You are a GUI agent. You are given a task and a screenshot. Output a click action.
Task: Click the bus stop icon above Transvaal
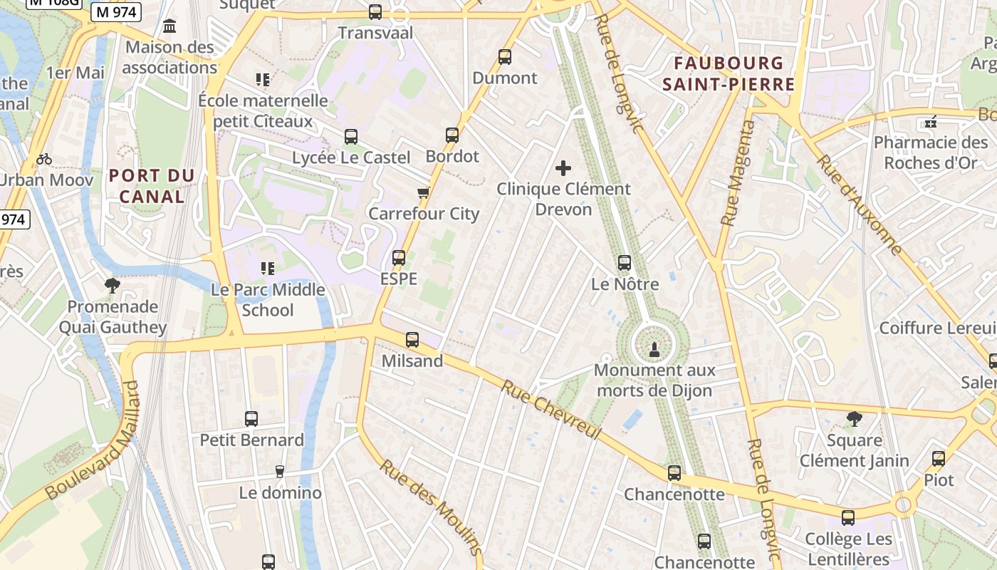pyautogui.click(x=375, y=12)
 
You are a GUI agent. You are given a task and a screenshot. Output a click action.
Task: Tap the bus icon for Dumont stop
pyautogui.click(x=505, y=57)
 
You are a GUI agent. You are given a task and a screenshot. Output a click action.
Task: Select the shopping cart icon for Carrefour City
pyautogui.click(x=424, y=192)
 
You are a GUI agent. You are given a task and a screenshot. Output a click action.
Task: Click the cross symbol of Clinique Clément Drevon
pyautogui.click(x=563, y=168)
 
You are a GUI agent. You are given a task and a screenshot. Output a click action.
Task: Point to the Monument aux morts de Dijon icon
pyautogui.click(x=654, y=349)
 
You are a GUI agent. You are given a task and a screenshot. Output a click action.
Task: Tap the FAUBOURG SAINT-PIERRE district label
pyautogui.click(x=729, y=74)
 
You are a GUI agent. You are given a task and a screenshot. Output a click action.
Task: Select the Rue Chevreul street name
pyautogui.click(x=551, y=410)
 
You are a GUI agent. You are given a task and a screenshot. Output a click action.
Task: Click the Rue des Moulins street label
pyautogui.click(x=430, y=507)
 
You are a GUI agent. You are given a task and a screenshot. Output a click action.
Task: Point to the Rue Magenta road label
pyautogui.click(x=737, y=173)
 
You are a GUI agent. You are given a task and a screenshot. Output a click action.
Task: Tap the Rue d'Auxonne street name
pyautogui.click(x=860, y=204)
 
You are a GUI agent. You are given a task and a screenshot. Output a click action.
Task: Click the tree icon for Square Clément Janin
pyautogui.click(x=855, y=419)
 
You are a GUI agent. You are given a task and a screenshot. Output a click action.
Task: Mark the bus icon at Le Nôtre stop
pyautogui.click(x=625, y=263)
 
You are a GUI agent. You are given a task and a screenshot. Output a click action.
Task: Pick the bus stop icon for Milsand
pyautogui.click(x=412, y=340)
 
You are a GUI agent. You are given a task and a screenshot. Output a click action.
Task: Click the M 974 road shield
pyautogui.click(x=118, y=11)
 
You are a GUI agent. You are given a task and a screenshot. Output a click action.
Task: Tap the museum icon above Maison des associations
pyautogui.click(x=169, y=26)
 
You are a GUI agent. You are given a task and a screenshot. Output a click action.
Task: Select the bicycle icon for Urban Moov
pyautogui.click(x=44, y=158)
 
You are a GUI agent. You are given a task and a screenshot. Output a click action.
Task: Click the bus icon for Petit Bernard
pyautogui.click(x=251, y=419)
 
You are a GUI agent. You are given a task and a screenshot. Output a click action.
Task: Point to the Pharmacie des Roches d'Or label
pyautogui.click(x=930, y=152)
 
